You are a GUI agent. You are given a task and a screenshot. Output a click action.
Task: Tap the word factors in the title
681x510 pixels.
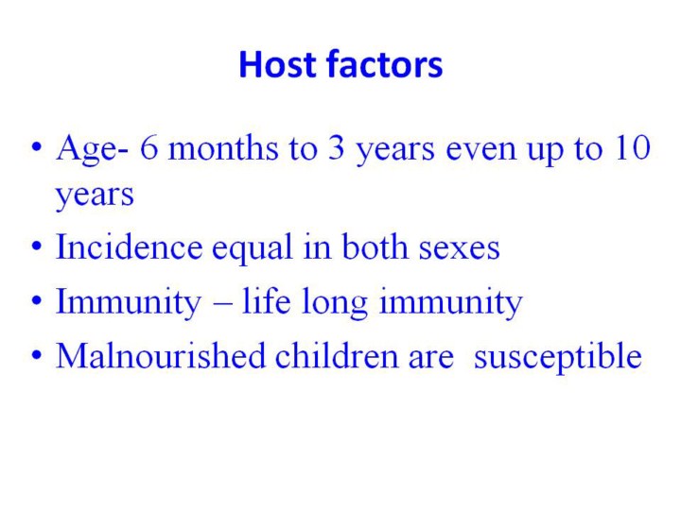[385, 64]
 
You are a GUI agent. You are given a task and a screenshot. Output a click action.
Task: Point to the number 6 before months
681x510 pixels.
[148, 147]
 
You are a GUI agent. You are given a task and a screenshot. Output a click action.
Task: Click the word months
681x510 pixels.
[223, 147]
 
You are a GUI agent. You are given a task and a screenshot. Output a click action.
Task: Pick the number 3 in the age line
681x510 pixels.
[336, 147]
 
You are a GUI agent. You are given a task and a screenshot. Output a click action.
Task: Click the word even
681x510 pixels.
[481, 150]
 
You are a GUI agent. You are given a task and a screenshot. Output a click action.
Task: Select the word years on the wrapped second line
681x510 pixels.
[95, 196]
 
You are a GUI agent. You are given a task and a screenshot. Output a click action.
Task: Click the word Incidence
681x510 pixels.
[130, 247]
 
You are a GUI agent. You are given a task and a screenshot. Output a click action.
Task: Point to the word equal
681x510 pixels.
[253, 249]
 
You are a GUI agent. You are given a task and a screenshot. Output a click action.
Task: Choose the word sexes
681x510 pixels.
[459, 249]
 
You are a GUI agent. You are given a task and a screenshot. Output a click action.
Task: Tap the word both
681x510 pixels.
[375, 246]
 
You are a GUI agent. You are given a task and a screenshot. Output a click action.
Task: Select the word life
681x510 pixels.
[266, 300]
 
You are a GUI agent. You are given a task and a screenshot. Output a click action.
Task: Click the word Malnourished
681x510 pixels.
[161, 356]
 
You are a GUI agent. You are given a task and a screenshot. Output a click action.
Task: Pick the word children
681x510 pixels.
[337, 356]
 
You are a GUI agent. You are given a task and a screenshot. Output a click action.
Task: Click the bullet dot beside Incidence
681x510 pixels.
[37, 246]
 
